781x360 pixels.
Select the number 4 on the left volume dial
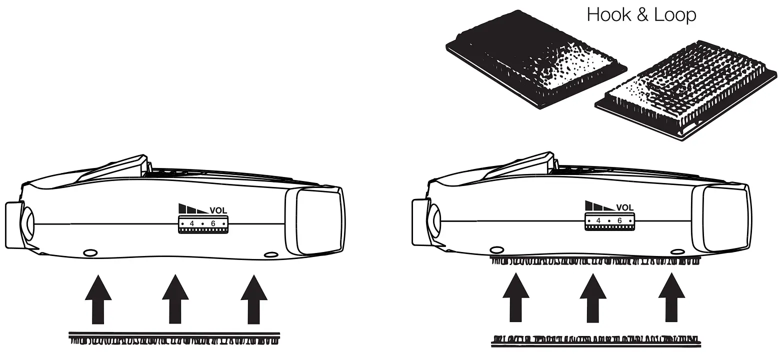tap(192, 223)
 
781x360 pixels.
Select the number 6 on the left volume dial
tap(213, 223)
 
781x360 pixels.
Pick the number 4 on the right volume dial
tap(598, 220)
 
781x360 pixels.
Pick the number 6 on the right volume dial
tap(619, 220)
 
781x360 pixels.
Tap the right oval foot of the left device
tap(270, 255)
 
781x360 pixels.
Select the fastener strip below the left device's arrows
tap(174, 338)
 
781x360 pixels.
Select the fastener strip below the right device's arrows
tap(595, 340)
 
